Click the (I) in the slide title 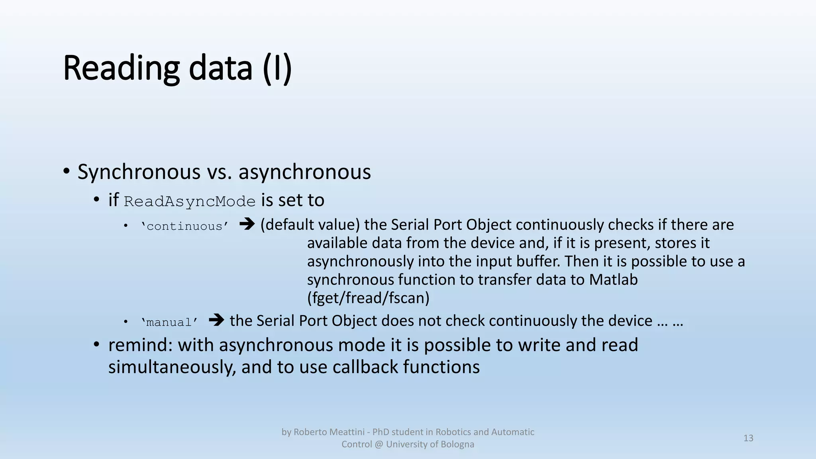pos(277,69)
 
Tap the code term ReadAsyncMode pos(190,202)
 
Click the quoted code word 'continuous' pos(184,226)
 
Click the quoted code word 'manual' pos(169,322)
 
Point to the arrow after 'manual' pos(216,320)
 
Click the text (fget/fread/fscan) pos(368,298)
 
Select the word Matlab pos(613,280)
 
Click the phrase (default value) pos(310,225)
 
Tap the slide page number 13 pos(748,438)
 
